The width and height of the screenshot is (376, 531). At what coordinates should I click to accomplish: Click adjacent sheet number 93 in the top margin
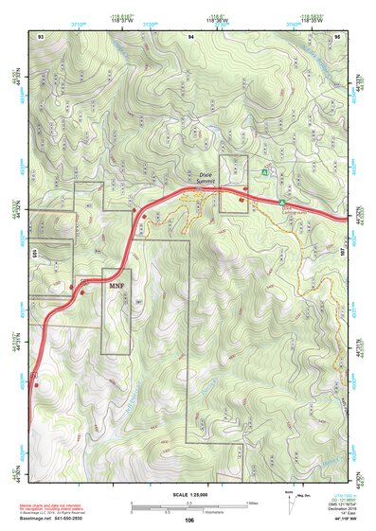click(41, 35)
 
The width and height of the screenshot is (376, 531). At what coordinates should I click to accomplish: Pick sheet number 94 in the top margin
click(190, 35)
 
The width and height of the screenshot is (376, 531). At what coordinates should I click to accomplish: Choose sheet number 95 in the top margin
click(338, 35)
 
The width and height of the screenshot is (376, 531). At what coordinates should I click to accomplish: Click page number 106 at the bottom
click(189, 520)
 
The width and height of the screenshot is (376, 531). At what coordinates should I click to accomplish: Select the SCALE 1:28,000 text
click(188, 495)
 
